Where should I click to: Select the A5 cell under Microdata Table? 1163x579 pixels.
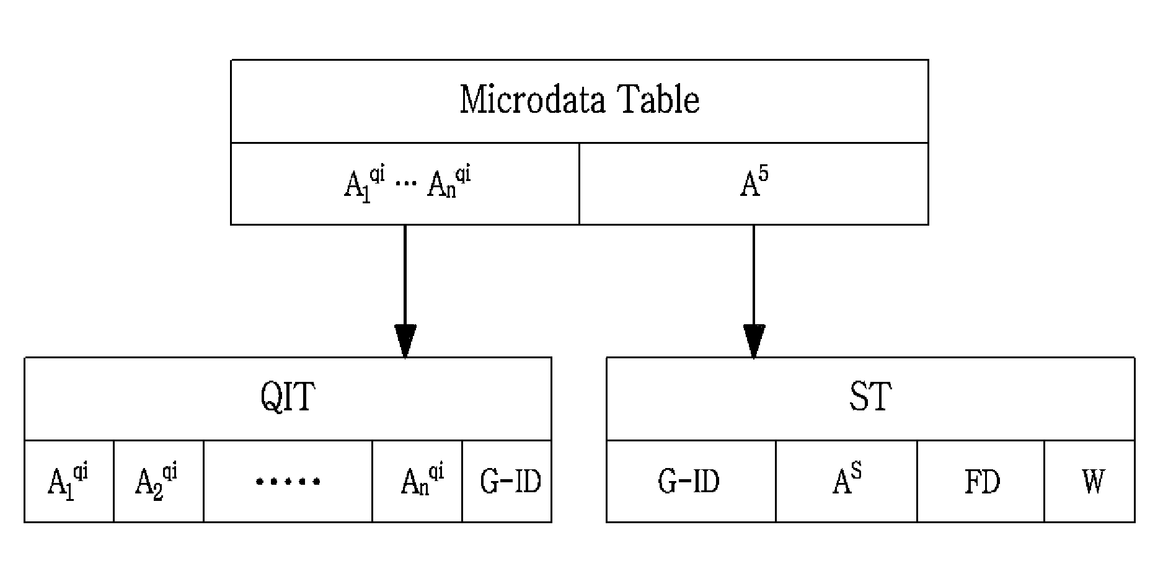(754, 183)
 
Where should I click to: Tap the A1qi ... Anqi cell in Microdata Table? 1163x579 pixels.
(405, 183)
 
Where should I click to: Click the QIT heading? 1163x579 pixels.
(288, 397)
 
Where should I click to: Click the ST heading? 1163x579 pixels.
(870, 397)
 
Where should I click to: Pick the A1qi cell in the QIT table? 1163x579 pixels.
(69, 481)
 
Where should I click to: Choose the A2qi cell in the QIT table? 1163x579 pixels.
(159, 481)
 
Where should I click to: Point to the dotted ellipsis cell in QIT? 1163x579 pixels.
(288, 481)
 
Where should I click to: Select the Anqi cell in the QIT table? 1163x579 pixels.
(417, 481)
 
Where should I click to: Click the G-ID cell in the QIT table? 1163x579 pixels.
(507, 481)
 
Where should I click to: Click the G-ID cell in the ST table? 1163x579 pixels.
(691, 481)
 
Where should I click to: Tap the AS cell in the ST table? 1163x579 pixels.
(847, 481)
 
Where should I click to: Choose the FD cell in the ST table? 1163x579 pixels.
(981, 481)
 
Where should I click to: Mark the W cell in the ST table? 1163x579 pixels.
(1090, 481)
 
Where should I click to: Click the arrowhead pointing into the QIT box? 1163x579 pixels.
(405, 341)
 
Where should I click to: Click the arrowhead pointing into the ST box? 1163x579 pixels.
(754, 341)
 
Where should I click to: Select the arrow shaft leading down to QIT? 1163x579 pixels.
(405, 275)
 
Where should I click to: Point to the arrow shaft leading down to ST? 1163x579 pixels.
(754, 275)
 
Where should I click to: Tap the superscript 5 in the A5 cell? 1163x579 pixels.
(763, 174)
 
